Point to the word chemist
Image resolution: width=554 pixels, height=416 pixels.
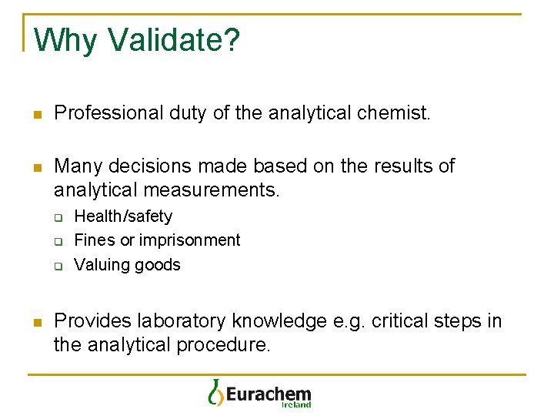[x=393, y=113]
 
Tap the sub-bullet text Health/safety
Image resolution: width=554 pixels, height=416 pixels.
[x=123, y=216]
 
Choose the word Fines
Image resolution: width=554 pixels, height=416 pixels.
[x=91, y=240]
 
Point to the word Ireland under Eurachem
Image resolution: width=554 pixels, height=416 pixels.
[x=296, y=404]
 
